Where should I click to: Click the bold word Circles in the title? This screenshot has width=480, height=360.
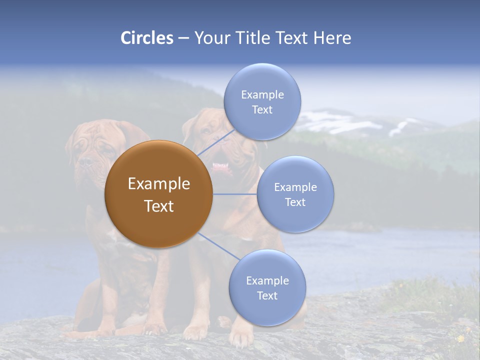coord(146,38)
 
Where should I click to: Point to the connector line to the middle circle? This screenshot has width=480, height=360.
coord(235,194)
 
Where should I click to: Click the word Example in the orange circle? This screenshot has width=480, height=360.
coord(158,184)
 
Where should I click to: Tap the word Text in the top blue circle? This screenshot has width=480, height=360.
coord(262,110)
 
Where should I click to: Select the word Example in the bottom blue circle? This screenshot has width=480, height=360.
coord(267,280)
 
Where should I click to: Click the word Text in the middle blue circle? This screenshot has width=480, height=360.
coord(295,202)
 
